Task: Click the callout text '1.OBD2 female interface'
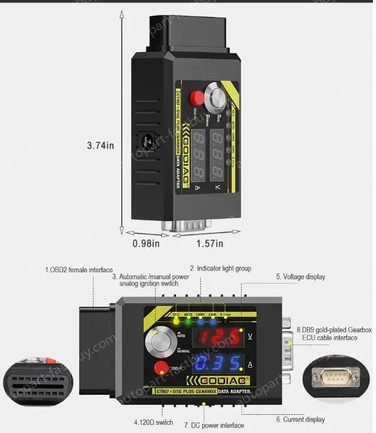pos(78,270)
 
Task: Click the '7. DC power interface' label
pos(214,425)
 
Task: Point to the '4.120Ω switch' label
pos(154,422)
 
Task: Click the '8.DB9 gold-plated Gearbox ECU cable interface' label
pos(335,333)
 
